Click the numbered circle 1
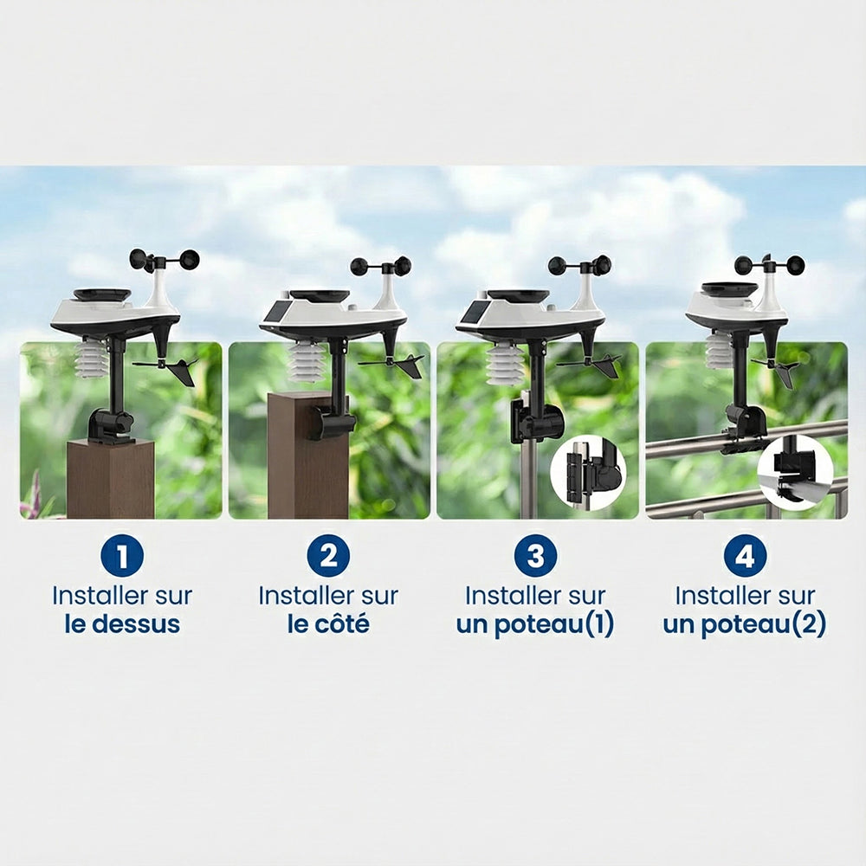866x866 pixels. coord(122,555)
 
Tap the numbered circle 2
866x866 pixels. coord(328,555)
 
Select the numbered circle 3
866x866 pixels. coord(536,555)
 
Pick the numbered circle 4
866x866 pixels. coord(745,555)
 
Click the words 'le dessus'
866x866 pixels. coord(122,624)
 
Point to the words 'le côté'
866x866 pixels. coord(328,624)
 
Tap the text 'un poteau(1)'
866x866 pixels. coord(535,624)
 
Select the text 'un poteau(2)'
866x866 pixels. coord(745,624)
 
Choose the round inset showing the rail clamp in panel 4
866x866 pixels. coord(795,472)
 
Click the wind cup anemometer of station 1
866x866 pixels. coord(164,260)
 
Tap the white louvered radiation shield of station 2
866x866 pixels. coord(308,362)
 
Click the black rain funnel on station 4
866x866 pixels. coord(729,289)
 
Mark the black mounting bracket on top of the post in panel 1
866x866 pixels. coord(111,426)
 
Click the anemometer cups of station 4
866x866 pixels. coord(769,264)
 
